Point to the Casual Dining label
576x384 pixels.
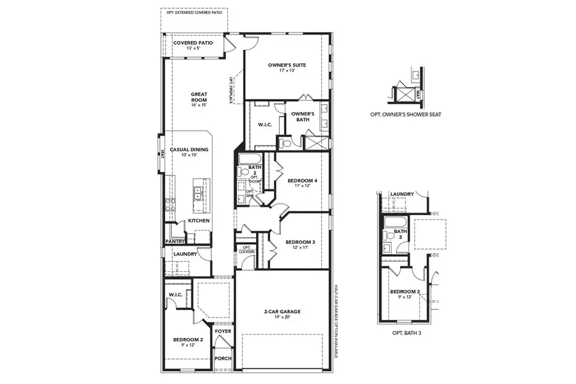tap(189, 152)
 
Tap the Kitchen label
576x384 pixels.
tap(198, 221)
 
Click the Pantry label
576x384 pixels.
tap(175, 241)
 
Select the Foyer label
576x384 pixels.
tap(222, 332)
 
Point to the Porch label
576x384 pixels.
tap(222, 358)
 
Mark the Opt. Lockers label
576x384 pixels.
tap(246, 250)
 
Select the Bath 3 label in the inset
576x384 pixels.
tap(401, 234)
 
